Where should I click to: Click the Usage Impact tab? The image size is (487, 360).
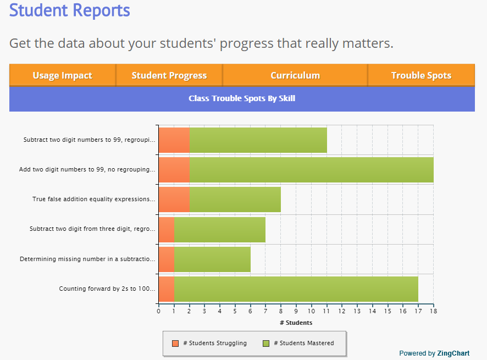[62, 75]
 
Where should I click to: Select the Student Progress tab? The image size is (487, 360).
[169, 75]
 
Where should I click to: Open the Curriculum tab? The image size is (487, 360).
[295, 75]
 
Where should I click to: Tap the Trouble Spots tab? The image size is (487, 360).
[421, 75]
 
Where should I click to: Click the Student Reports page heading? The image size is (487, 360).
[70, 10]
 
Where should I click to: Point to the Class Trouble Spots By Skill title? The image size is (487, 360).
[242, 98]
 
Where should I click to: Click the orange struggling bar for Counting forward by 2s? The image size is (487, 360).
[167, 289]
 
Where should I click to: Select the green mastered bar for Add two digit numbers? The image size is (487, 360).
[311, 170]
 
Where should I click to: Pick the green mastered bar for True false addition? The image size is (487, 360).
[235, 200]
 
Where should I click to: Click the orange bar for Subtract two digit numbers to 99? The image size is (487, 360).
[174, 140]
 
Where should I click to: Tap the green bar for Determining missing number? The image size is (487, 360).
[212, 259]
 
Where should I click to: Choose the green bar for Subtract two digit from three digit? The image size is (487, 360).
[220, 229]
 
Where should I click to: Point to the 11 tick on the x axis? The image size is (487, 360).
[326, 311]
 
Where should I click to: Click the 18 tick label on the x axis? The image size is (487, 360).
[433, 311]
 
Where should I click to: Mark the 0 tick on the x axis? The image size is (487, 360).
[159, 311]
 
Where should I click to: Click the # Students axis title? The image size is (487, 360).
[296, 323]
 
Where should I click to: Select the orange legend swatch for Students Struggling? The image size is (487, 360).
[175, 344]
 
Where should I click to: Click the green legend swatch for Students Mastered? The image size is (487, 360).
[266, 344]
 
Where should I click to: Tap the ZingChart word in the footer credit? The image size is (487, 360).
[453, 353]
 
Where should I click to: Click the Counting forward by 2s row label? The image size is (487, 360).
[107, 289]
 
